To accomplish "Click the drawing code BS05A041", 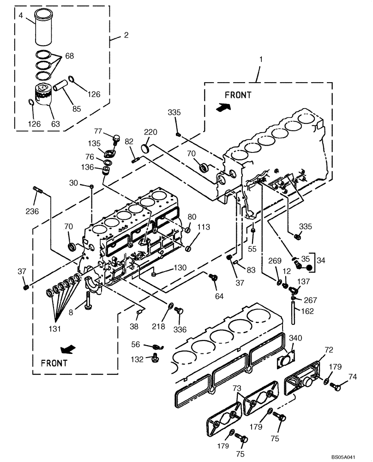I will point(343,456).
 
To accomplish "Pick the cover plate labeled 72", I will point(303,383).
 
